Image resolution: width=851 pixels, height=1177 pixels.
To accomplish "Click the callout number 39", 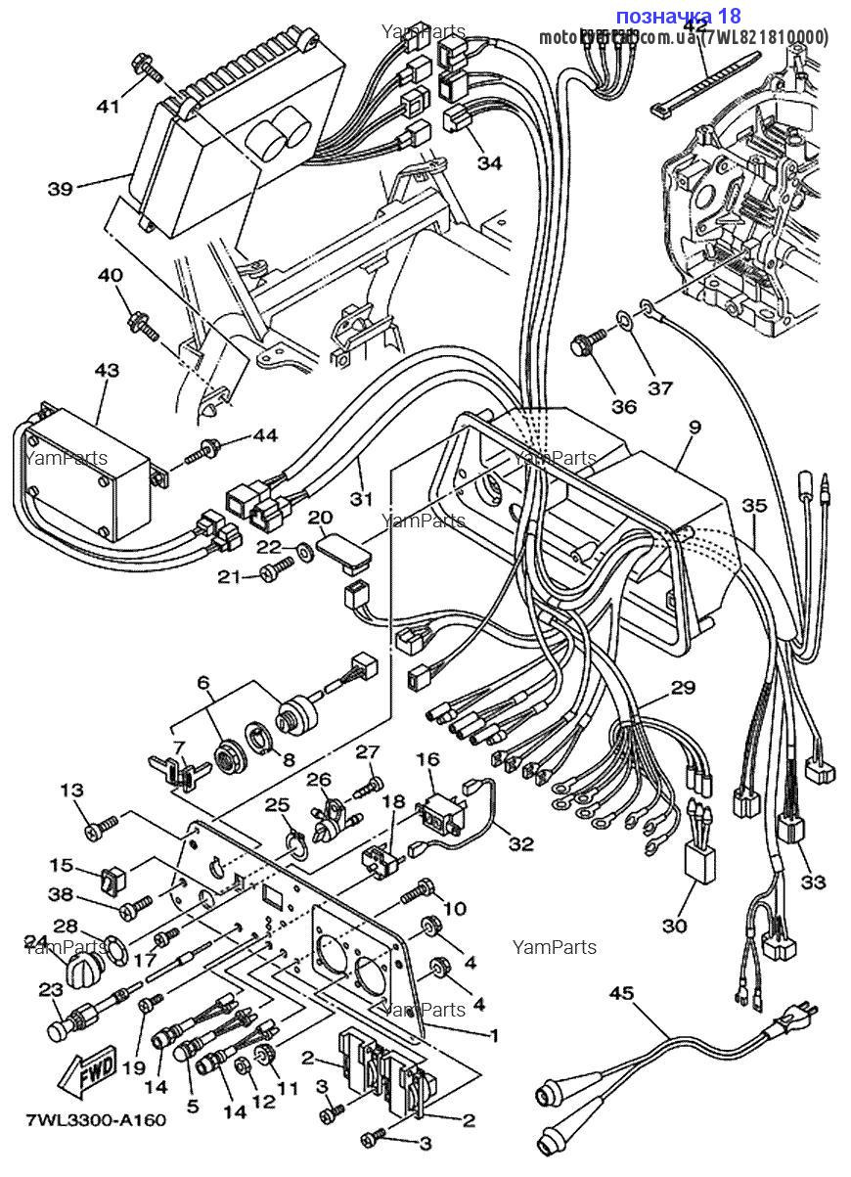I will click(x=60, y=188).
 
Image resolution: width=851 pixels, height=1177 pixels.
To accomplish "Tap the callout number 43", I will click(x=107, y=371).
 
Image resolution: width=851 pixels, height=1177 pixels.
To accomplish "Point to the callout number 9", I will click(x=694, y=428).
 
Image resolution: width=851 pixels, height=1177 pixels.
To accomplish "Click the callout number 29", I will click(x=683, y=689).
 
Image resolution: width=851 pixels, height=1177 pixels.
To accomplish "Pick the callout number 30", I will click(x=675, y=925).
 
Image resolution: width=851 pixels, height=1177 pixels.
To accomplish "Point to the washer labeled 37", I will click(x=623, y=319).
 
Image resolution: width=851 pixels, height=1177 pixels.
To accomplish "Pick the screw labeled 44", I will click(x=203, y=453).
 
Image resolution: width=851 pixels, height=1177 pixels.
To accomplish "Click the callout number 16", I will click(x=427, y=759).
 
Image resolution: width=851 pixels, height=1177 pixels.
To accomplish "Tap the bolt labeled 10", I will click(x=415, y=892).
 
